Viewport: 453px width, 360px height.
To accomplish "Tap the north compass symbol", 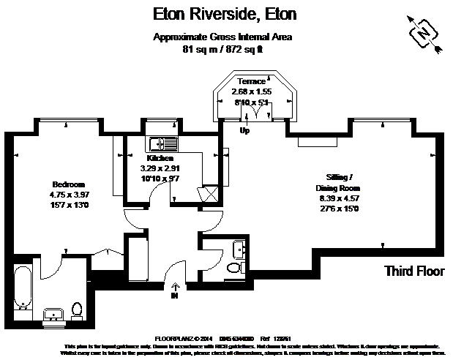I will (x=422, y=33).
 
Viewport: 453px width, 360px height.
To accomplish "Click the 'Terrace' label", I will (x=251, y=81).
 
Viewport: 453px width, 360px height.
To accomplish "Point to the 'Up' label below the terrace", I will (x=246, y=131).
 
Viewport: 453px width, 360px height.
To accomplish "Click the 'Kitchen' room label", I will (x=160, y=158).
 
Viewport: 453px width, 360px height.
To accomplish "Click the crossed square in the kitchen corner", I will (x=209, y=192).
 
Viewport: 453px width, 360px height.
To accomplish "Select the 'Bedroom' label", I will (x=69, y=184).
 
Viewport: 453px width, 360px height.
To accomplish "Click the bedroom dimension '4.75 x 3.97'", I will (x=69, y=195).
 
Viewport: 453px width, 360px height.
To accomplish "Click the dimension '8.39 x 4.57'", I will (x=340, y=198).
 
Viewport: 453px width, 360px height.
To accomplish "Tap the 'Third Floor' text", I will (x=414, y=271).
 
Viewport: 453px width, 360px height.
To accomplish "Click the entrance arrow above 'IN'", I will (x=174, y=287).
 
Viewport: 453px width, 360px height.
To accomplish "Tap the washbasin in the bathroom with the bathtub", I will (x=53, y=315).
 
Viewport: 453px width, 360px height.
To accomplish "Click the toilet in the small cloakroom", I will (x=233, y=269).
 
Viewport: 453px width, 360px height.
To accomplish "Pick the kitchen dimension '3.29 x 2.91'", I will (x=160, y=168).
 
